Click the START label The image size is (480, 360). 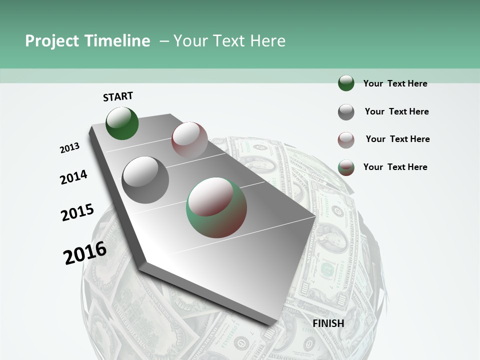coord(118,96)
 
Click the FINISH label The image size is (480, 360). coord(328,323)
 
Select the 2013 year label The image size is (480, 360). coord(70,148)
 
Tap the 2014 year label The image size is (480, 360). coord(74,177)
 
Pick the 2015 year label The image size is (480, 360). coord(77,212)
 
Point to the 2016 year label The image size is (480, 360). coord(85,253)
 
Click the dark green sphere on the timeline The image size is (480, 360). coord(122,123)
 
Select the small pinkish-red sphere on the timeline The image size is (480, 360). coord(189,139)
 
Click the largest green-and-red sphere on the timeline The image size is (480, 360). coord(216,207)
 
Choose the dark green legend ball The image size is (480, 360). coord(346,83)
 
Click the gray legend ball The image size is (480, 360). coord(346,112)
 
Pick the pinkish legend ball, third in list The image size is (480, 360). coord(346,140)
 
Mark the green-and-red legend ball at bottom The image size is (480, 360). coord(346,167)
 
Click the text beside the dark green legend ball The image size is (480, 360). coord(395,83)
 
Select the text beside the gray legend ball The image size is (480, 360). coord(396,111)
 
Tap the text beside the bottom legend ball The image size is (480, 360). coord(395,167)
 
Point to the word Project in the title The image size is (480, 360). coord(52,41)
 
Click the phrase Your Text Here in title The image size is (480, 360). coord(229,41)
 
